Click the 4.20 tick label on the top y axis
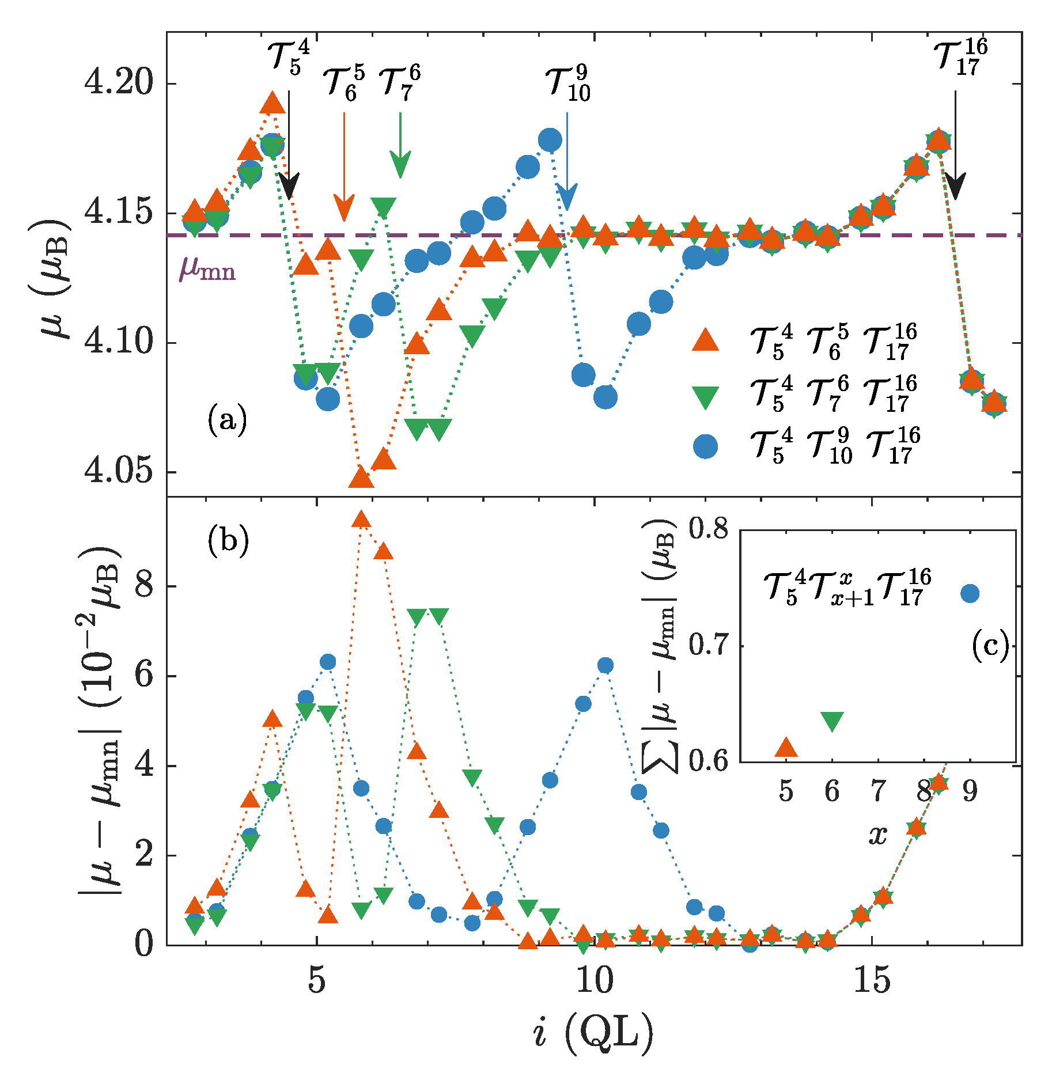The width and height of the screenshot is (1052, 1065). (119, 84)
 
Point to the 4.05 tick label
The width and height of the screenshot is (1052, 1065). (119, 472)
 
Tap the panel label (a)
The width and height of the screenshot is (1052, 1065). (228, 420)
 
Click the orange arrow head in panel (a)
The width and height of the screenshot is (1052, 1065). (344, 209)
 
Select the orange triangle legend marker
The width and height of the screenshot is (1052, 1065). (705, 340)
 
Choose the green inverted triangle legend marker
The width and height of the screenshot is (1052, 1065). (705, 397)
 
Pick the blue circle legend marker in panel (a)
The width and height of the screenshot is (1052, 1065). (705, 446)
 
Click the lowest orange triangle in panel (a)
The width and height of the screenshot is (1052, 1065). (361, 477)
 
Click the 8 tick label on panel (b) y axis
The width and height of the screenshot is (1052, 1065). (144, 586)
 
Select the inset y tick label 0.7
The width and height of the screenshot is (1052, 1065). (708, 645)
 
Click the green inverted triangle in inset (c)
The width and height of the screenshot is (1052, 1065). (832, 721)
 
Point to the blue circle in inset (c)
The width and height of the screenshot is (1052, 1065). (970, 593)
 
